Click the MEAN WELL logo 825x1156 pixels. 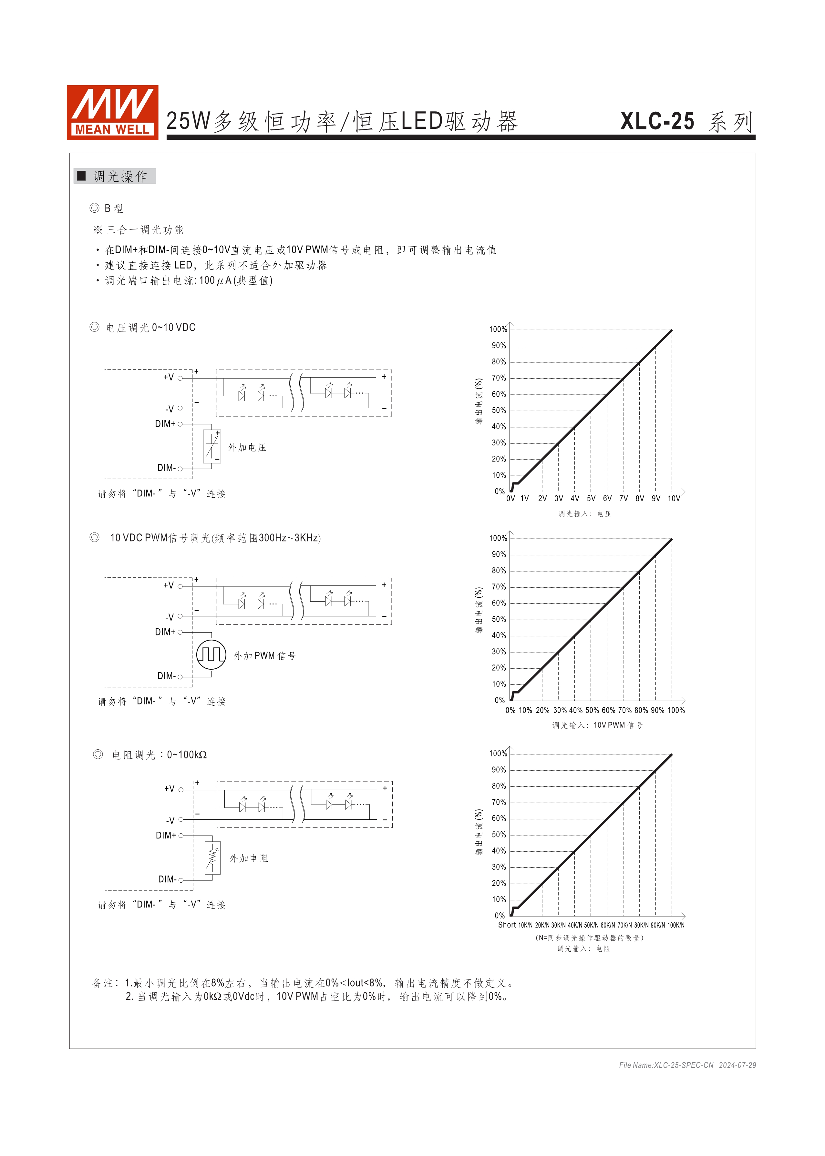point(112,112)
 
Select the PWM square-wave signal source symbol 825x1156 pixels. point(211,654)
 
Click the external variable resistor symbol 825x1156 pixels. point(212,857)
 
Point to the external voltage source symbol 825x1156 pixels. point(211,446)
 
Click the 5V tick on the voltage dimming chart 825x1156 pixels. point(591,499)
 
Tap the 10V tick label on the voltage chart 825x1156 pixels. point(674,499)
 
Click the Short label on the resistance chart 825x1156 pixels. point(507,925)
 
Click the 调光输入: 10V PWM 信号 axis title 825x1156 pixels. point(597,725)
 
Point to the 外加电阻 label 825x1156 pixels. point(249,858)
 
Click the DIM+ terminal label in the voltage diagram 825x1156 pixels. point(165,424)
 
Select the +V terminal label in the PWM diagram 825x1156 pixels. point(168,585)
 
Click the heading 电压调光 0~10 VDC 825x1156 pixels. point(150,328)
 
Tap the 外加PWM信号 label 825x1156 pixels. point(264,656)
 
